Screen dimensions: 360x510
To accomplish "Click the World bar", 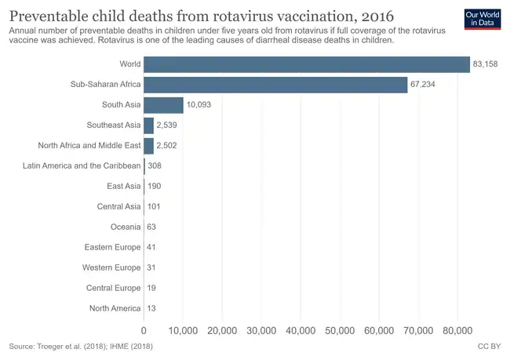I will [306, 64].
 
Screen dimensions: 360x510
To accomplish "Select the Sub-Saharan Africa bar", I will [275, 84].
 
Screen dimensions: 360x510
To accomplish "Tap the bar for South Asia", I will [163, 104].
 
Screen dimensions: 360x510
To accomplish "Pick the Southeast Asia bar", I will [148, 125].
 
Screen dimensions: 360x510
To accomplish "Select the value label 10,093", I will [199, 104].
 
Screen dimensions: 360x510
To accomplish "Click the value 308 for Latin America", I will [154, 165].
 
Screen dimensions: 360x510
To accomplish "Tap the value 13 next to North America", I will [151, 308].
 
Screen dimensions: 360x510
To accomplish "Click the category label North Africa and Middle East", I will [89, 145].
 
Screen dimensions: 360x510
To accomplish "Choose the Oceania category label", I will [126, 227].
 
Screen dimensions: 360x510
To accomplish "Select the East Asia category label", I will [123, 186].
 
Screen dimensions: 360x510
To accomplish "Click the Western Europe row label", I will [111, 267].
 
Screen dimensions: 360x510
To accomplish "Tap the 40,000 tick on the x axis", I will [301, 330].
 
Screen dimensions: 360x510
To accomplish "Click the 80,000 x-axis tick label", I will [457, 330].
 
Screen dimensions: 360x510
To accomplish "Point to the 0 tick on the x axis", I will [144, 330].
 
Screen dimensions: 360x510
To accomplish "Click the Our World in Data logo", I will [479, 19].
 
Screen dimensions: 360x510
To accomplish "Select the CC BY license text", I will [489, 346].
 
